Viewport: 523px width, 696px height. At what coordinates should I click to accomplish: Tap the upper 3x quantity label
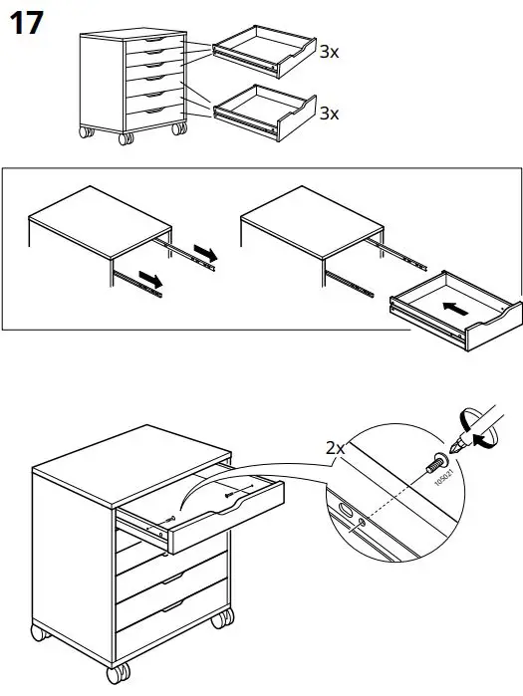tap(330, 51)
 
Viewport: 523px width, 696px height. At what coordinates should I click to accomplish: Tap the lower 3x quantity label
tap(330, 114)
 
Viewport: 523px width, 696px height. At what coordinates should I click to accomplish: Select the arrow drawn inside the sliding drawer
tap(453, 309)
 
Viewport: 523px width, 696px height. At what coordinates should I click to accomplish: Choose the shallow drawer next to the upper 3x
tap(264, 53)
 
